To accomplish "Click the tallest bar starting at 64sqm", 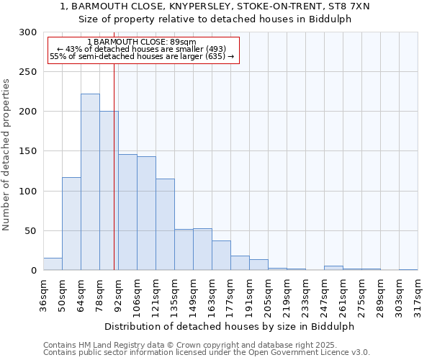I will tap(90, 182).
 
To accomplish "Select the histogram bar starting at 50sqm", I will tap(71, 224).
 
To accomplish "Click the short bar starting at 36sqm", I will tap(53, 264).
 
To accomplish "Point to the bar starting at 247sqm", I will tap(333, 268).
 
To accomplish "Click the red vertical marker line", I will tap(114, 166).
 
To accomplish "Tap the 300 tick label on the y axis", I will tap(28, 32).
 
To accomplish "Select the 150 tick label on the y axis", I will tap(28, 151).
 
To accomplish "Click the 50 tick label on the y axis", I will tap(31, 231).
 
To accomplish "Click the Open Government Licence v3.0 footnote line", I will tap(207, 353).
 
